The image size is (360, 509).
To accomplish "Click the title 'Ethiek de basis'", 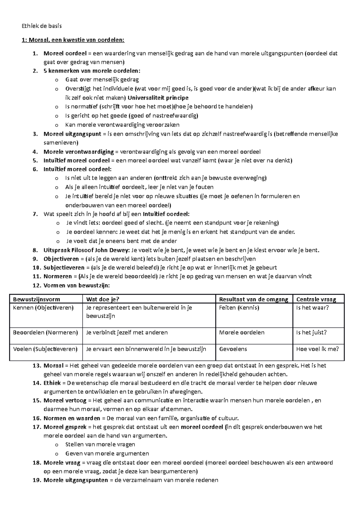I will tap(42, 26).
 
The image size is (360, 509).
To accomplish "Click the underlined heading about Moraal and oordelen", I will tap(73, 40).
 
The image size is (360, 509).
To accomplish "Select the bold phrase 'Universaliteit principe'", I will tap(158, 98).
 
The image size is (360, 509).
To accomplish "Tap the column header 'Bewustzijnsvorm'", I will tap(37, 299).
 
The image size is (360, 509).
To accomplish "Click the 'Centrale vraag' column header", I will tap(316, 299).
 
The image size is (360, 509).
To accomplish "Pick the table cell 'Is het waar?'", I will tap(312, 308).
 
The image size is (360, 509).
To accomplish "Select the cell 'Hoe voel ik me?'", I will tap(317, 349).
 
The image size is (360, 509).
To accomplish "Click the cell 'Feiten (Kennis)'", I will tap(239, 308).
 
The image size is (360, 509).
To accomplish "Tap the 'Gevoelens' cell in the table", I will tap(233, 349).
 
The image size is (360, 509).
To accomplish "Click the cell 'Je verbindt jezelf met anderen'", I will tap(127, 332).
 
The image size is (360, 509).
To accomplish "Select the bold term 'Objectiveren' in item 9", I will tap(61, 259).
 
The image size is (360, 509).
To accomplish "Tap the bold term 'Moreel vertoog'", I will tap(65, 400).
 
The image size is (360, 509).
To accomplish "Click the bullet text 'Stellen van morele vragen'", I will tap(100, 445).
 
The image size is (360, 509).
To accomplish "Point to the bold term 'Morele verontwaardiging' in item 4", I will tap(79, 152).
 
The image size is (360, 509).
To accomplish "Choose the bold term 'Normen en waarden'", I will tap(72, 418).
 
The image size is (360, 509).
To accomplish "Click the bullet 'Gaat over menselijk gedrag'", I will tap(102, 80).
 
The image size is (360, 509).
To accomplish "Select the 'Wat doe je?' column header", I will tap(103, 299).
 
